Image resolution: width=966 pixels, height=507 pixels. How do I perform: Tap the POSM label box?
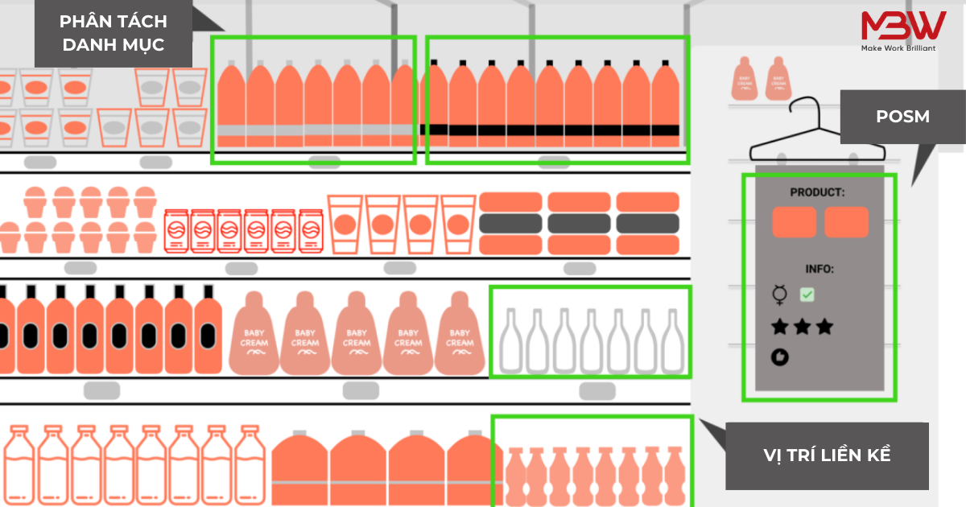tap(902, 117)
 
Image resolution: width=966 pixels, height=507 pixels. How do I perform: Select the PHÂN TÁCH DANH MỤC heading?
tap(113, 33)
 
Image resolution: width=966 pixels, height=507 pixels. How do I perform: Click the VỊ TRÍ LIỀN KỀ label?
tap(827, 455)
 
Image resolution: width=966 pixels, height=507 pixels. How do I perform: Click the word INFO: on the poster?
tap(819, 269)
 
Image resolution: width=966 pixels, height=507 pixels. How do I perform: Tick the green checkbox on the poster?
tap(807, 295)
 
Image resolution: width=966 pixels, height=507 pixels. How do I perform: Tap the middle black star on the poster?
tap(802, 327)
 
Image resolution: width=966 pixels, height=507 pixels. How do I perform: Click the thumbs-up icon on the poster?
tap(780, 357)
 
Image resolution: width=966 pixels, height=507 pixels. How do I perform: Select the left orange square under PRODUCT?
tap(794, 222)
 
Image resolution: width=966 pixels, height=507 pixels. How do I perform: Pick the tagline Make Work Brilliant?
tap(898, 48)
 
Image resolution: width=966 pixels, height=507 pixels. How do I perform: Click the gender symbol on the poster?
tap(779, 295)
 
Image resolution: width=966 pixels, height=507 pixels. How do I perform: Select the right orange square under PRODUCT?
tap(846, 222)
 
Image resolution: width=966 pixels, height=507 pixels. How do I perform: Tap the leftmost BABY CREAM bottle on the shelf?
tap(254, 334)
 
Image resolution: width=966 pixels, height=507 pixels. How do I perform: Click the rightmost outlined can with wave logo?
tap(311, 231)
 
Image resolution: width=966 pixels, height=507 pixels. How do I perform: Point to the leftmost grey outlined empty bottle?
tap(511, 340)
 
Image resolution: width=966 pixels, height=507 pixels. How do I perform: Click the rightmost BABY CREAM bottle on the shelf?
tap(460, 334)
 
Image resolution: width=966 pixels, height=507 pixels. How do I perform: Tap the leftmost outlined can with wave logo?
tap(176, 231)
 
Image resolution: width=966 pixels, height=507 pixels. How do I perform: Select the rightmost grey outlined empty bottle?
tap(673, 340)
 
